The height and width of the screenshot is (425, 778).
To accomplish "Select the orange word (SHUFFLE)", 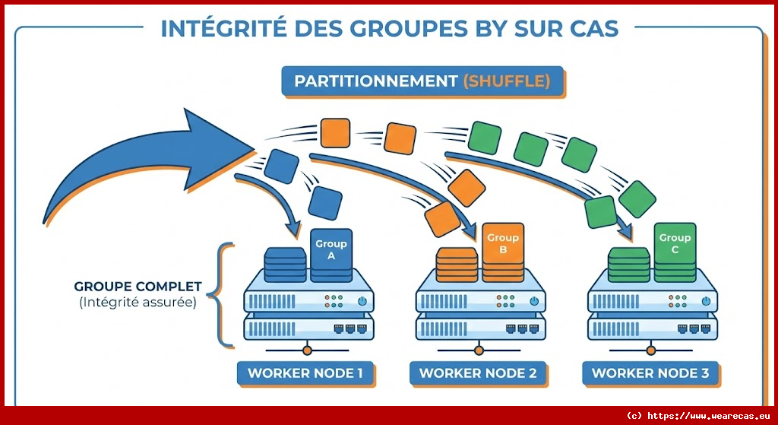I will pos(506,81).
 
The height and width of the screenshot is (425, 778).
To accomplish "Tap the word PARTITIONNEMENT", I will pos(376,81).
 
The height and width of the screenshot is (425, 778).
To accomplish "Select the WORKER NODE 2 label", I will pos(478,373).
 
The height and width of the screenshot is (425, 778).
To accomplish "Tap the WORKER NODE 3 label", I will pos(650,373).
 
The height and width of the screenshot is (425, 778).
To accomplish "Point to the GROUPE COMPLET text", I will pos(138,287).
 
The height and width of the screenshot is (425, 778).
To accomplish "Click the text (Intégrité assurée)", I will pos(138,303).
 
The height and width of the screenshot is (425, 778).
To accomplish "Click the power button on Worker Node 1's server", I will pos(362,302).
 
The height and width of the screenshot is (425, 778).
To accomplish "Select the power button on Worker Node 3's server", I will pos(706,302).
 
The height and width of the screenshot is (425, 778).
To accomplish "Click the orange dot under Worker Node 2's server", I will pos(479,350).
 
